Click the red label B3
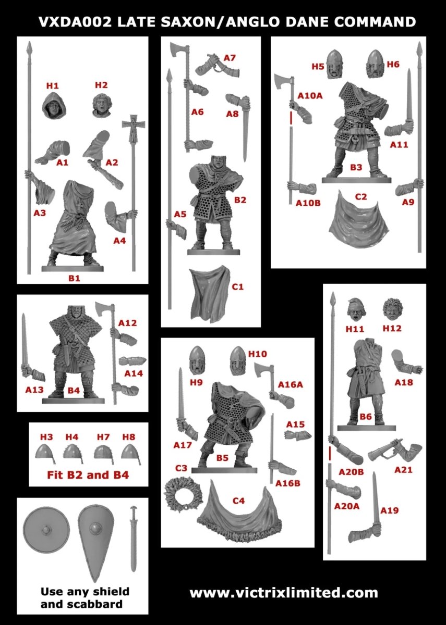click(x=356, y=167)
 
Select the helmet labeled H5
click(x=335, y=64)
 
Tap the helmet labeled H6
click(x=375, y=64)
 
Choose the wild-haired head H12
click(x=392, y=309)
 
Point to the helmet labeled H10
click(x=238, y=360)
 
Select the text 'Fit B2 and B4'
click(x=88, y=475)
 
